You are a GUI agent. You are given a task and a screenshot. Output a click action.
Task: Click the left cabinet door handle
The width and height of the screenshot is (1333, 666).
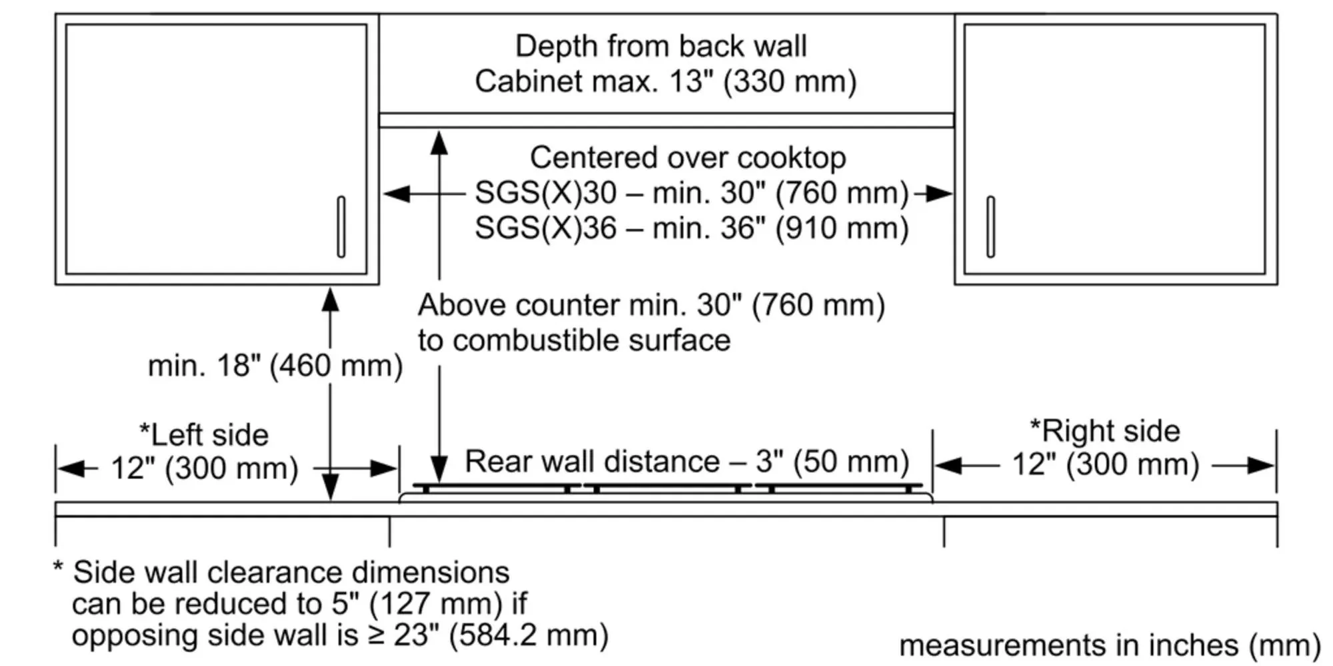pos(341,226)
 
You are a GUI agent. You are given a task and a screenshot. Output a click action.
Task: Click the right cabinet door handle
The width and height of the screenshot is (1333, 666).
pos(990,226)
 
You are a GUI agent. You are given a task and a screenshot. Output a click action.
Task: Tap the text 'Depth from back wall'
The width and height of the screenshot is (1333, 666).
pos(661,47)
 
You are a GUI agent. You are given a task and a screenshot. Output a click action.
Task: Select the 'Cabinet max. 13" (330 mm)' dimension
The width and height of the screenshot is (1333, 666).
pos(665,82)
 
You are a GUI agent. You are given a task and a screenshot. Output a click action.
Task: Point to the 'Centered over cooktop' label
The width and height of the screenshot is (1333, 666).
pos(688,159)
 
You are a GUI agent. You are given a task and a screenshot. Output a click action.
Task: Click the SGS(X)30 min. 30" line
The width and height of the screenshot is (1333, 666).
pos(691,194)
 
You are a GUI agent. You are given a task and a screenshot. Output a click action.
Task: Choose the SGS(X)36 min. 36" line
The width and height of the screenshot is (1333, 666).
pos(691,228)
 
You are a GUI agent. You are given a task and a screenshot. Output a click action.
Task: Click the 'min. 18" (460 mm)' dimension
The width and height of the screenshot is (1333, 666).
pos(275,366)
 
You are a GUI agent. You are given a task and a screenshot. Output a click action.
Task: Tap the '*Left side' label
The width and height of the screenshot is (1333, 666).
pos(203,435)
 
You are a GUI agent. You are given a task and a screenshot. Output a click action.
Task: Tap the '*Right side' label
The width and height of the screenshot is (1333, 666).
pos(1104,431)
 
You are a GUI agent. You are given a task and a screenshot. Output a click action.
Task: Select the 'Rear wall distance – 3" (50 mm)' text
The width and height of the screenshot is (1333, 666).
pos(686,462)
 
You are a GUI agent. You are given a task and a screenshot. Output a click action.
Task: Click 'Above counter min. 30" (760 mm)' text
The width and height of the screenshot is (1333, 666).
pos(651,306)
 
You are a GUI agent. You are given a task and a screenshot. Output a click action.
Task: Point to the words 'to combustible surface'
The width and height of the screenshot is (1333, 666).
pos(574,341)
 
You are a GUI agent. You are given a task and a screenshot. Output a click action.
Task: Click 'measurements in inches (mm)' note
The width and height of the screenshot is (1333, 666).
pos(1109,645)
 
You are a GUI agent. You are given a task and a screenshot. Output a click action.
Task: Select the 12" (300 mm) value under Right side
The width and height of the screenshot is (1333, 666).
pos(1105,465)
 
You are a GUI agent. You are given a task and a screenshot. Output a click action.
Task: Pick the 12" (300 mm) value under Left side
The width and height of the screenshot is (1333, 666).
pos(204,468)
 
